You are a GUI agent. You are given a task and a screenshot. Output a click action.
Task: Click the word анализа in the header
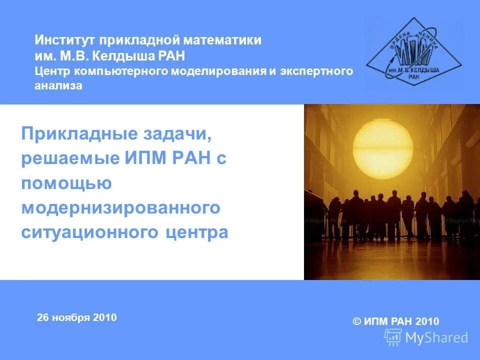pyautogui.click(x=58, y=86)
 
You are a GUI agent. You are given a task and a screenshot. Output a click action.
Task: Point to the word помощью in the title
pyautogui.click(x=66, y=183)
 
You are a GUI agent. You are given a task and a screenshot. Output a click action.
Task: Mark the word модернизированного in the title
pyautogui.click(x=120, y=208)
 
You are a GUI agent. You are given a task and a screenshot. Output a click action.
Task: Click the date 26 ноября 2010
pyautogui.click(x=76, y=317)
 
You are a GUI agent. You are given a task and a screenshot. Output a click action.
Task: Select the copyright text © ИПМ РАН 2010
pyautogui.click(x=396, y=321)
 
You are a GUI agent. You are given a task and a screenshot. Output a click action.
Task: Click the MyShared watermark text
pyautogui.click(x=436, y=338)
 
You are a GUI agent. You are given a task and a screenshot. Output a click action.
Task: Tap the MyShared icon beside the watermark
pyautogui.click(x=393, y=337)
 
